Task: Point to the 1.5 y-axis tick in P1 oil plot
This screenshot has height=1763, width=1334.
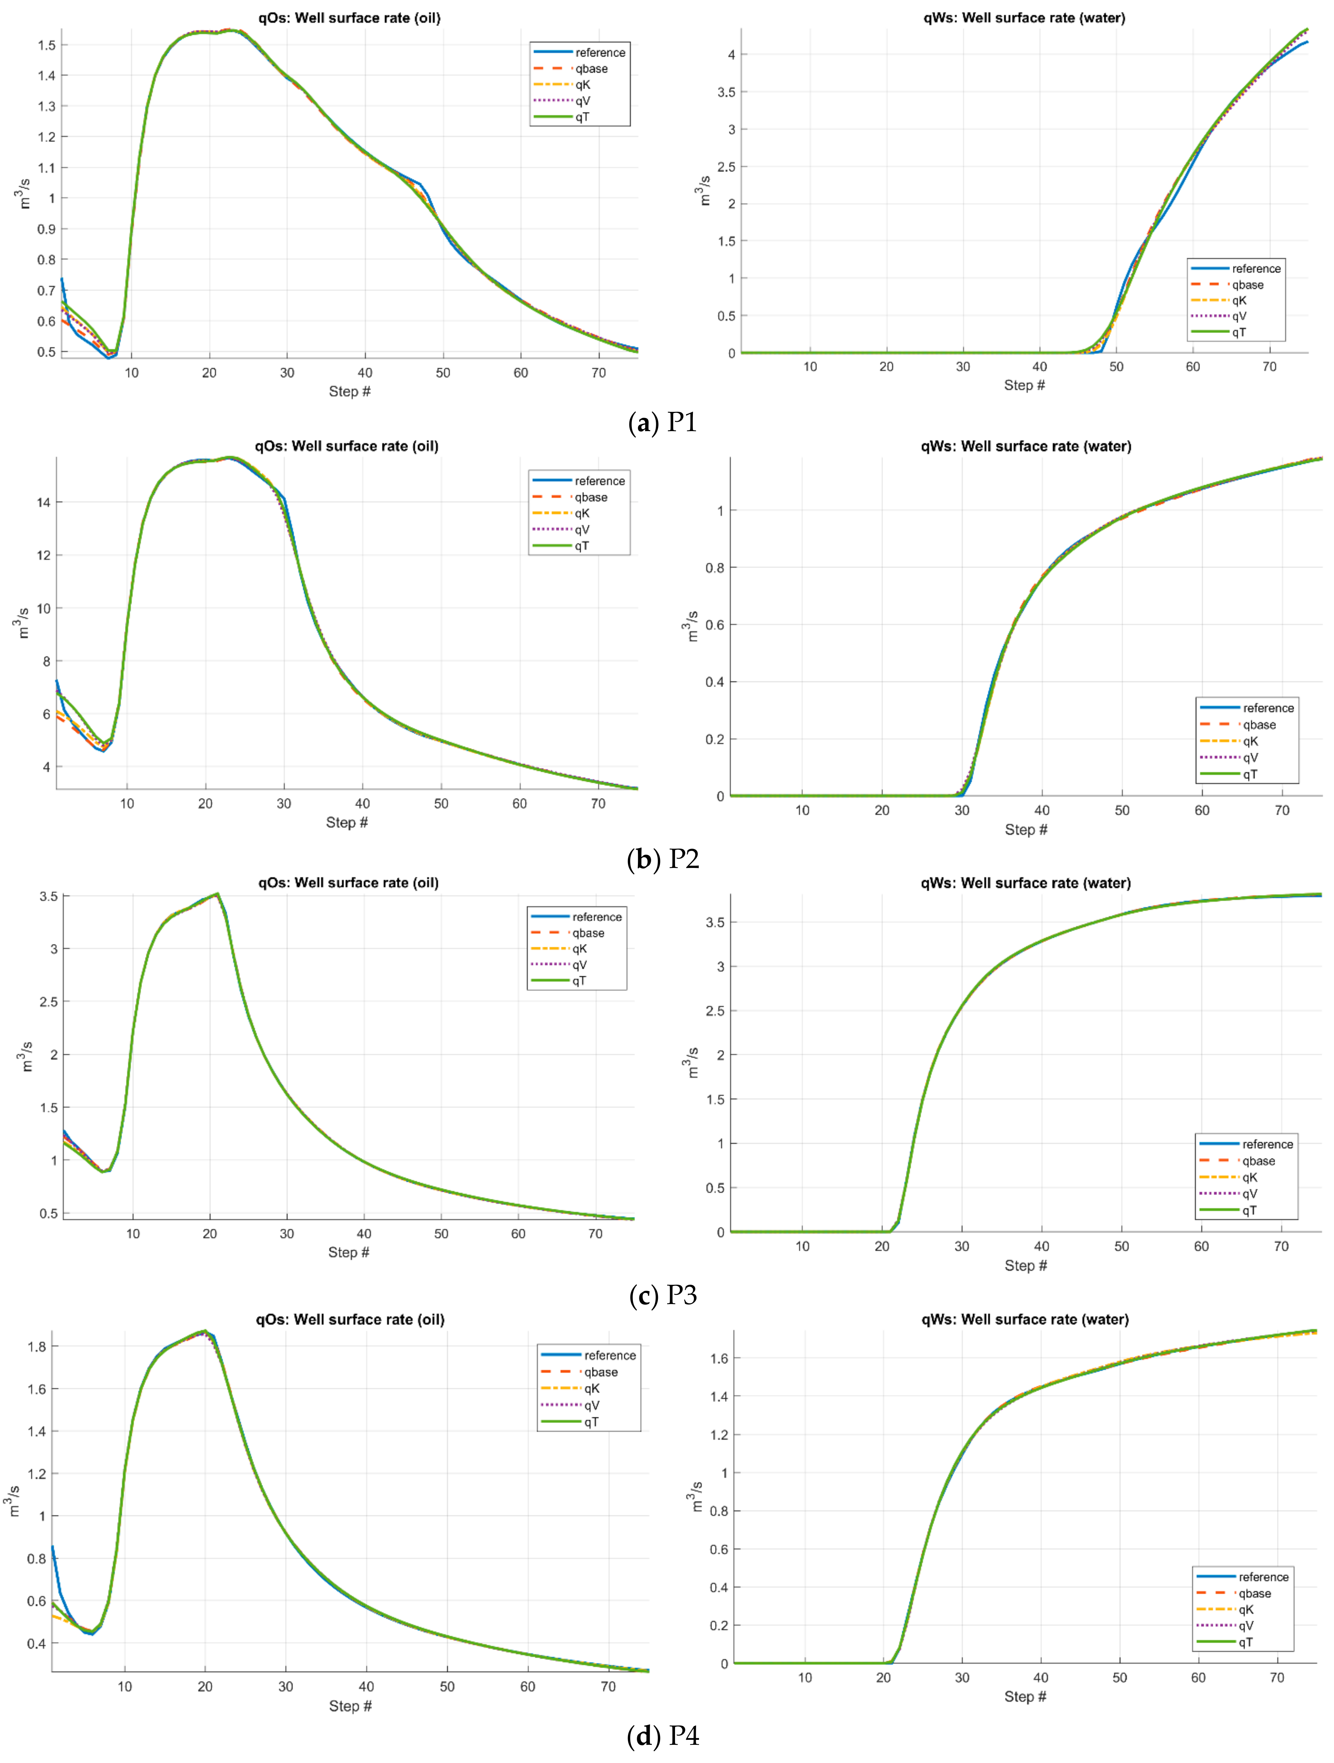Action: point(47,45)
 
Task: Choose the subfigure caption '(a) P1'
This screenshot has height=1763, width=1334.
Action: point(663,423)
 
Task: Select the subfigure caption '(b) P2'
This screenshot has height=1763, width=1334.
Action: point(663,858)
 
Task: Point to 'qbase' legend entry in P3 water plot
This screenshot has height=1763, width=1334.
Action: point(1258,1161)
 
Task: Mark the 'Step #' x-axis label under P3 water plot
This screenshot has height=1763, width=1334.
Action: point(1026,1266)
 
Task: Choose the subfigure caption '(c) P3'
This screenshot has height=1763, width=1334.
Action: point(663,1295)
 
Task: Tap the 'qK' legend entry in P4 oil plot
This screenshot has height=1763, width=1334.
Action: point(591,1388)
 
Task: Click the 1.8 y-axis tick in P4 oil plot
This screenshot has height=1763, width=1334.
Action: point(37,1346)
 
